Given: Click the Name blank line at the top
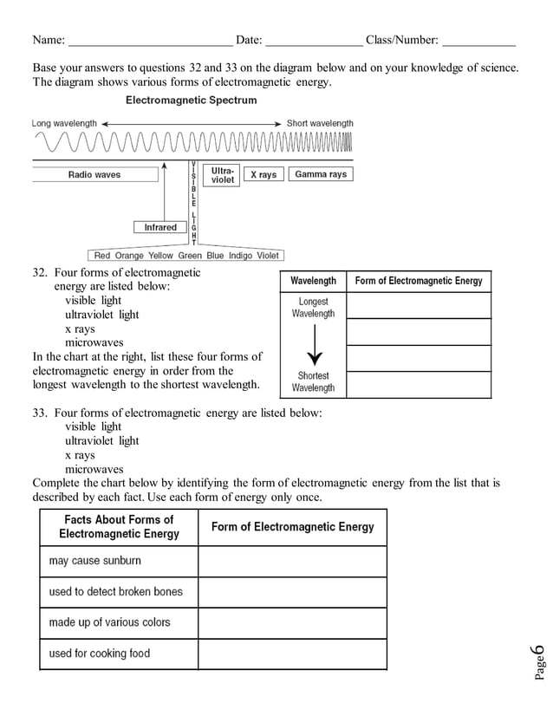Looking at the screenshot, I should point(150,41).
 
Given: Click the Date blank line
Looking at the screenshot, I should point(314,41).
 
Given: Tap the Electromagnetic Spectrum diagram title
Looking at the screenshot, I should point(192,101).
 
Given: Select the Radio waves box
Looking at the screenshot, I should point(94,174).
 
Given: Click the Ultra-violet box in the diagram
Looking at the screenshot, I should point(223,174).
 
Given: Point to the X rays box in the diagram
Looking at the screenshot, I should point(263,174).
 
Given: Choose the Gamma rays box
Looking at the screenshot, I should point(321,174).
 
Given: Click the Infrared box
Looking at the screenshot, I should point(160,227).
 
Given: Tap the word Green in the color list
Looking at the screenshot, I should point(190,256).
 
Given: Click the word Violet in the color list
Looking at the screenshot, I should point(267,256).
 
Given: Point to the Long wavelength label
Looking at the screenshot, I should point(64,123).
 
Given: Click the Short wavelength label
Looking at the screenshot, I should point(320,123).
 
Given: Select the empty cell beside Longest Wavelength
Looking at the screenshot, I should point(418,306).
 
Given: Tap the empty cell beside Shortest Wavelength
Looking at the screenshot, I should point(418,384).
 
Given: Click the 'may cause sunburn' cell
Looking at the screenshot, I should point(119,561).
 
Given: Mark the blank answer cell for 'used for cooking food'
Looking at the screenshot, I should point(292,654).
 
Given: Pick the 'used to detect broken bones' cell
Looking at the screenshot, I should point(119,592).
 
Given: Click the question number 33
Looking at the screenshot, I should point(39,413).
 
